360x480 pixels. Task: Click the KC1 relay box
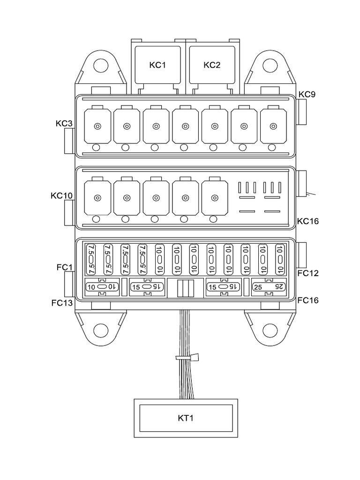[x=158, y=65]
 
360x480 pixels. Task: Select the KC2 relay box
[x=212, y=65]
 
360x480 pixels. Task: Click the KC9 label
[x=307, y=94]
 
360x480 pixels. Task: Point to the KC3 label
[x=64, y=124]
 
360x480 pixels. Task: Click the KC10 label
[x=61, y=195]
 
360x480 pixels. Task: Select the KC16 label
[x=308, y=221]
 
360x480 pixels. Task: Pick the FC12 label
[x=308, y=273]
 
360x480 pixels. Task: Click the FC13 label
[x=62, y=302]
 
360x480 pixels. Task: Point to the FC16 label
[x=308, y=300]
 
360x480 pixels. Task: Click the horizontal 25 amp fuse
[x=269, y=287]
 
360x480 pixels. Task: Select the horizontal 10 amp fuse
[x=102, y=287]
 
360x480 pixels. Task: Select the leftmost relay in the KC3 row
[x=97, y=126]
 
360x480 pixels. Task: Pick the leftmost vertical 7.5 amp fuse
[x=91, y=259]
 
